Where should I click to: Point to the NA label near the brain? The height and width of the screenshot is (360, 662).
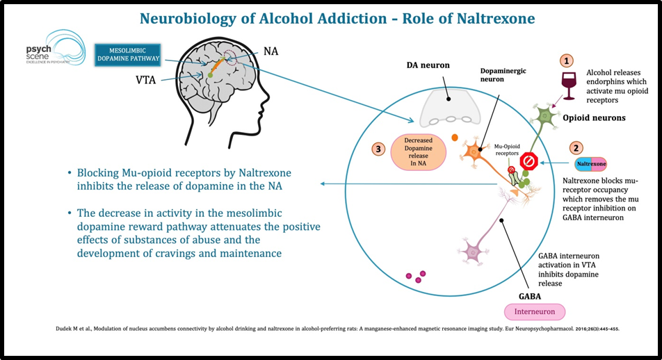271,51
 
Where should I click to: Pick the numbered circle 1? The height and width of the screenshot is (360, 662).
567,62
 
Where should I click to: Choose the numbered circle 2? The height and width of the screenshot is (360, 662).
575,147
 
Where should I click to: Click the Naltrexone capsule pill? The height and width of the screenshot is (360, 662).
591,164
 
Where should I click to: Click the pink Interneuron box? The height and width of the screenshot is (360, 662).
535,311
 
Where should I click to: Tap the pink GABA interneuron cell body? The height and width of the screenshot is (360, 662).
475,249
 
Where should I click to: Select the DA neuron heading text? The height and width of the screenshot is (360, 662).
428,65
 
